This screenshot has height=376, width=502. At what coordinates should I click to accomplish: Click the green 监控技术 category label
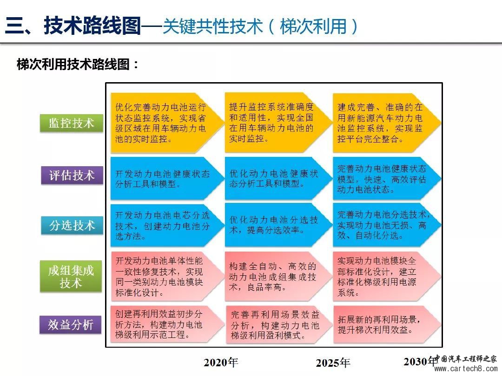click(72, 123)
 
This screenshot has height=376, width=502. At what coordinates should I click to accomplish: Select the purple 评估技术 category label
click(72, 175)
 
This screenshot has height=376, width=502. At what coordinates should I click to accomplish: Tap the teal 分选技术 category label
click(72, 226)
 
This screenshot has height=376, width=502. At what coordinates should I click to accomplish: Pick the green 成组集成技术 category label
click(71, 276)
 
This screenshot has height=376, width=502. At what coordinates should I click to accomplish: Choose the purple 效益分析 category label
click(71, 325)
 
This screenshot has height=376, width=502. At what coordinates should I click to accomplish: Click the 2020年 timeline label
click(221, 362)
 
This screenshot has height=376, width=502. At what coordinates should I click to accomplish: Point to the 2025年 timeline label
click(333, 363)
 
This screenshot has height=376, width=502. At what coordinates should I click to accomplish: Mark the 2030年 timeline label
click(421, 361)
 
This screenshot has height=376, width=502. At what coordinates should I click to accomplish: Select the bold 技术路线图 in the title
click(92, 26)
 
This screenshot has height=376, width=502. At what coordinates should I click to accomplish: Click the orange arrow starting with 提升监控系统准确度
click(278, 123)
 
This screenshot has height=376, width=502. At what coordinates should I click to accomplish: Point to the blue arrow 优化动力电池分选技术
click(278, 225)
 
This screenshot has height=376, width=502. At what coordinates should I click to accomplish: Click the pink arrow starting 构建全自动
click(278, 276)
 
